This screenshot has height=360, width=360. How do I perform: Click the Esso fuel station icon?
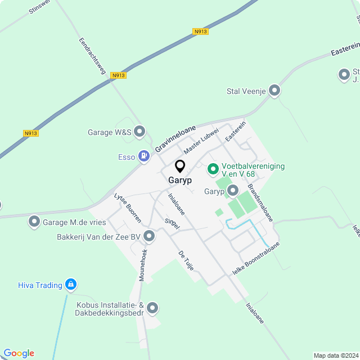pyautogui.click(x=144, y=156)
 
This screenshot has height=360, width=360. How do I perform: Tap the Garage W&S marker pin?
pyautogui.click(x=139, y=132)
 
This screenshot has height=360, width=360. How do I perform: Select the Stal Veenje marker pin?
pyautogui.click(x=274, y=90)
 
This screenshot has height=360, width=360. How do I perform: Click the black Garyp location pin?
pyautogui.click(x=180, y=166)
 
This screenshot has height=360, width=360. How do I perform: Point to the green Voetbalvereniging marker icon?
pyautogui.click(x=213, y=168)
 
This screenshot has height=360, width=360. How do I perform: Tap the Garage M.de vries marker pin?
pyautogui.click(x=34, y=222)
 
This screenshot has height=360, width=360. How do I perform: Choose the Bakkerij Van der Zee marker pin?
pyautogui.click(x=149, y=236)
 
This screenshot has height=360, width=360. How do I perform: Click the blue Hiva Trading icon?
pyautogui.click(x=70, y=285)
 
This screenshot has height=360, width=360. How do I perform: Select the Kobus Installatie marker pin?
pyautogui.click(x=152, y=308)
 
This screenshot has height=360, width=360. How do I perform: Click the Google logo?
pyautogui.click(x=19, y=353)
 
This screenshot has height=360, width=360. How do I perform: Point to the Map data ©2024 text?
pyautogui.click(x=335, y=355)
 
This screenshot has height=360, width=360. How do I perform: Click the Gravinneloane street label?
pyautogui.click(x=175, y=138)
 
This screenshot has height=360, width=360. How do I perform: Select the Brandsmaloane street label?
pyautogui.click(x=260, y=202)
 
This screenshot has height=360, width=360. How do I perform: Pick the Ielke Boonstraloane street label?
pyautogui.click(x=255, y=260)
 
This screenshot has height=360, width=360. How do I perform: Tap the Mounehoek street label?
pyautogui.click(x=143, y=265)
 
